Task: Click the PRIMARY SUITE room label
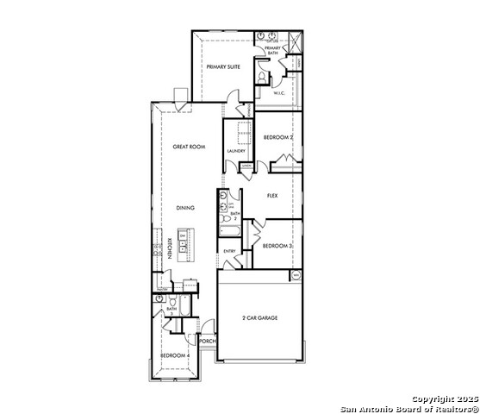click(x=222, y=66)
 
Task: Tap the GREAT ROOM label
click(x=189, y=147)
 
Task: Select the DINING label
click(x=185, y=208)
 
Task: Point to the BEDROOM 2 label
click(x=278, y=137)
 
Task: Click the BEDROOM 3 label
click(x=277, y=246)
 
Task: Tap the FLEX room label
click(x=272, y=196)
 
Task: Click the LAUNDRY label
click(x=236, y=151)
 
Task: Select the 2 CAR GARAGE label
click(x=259, y=318)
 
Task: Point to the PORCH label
click(x=207, y=341)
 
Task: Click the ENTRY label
click(x=229, y=251)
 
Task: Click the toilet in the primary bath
click(x=262, y=76)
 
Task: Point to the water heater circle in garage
click(x=296, y=275)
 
